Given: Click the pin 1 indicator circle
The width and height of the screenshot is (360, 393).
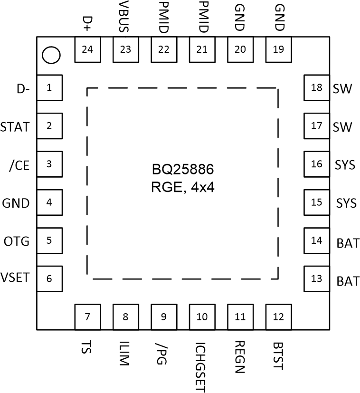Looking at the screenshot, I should [51, 55].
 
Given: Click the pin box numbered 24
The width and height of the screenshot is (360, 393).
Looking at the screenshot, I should [87, 50].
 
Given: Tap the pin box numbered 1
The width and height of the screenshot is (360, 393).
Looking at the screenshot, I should [49, 88].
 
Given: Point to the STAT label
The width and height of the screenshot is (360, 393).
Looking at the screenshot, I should [15, 127].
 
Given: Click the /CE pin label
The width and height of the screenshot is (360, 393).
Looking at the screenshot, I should [19, 165].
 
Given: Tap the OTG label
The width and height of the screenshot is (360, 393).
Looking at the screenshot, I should [17, 241].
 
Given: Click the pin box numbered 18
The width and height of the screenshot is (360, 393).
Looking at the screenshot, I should [316, 88].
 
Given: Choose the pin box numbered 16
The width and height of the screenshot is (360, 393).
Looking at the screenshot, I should [316, 164].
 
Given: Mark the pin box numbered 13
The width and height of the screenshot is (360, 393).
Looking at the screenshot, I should [316, 278].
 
